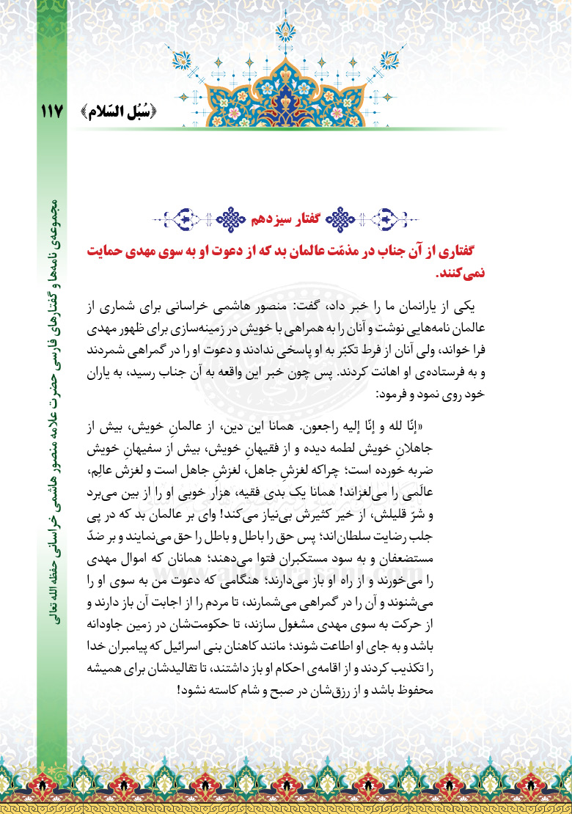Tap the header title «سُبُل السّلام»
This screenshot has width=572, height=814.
(x=117, y=111)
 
